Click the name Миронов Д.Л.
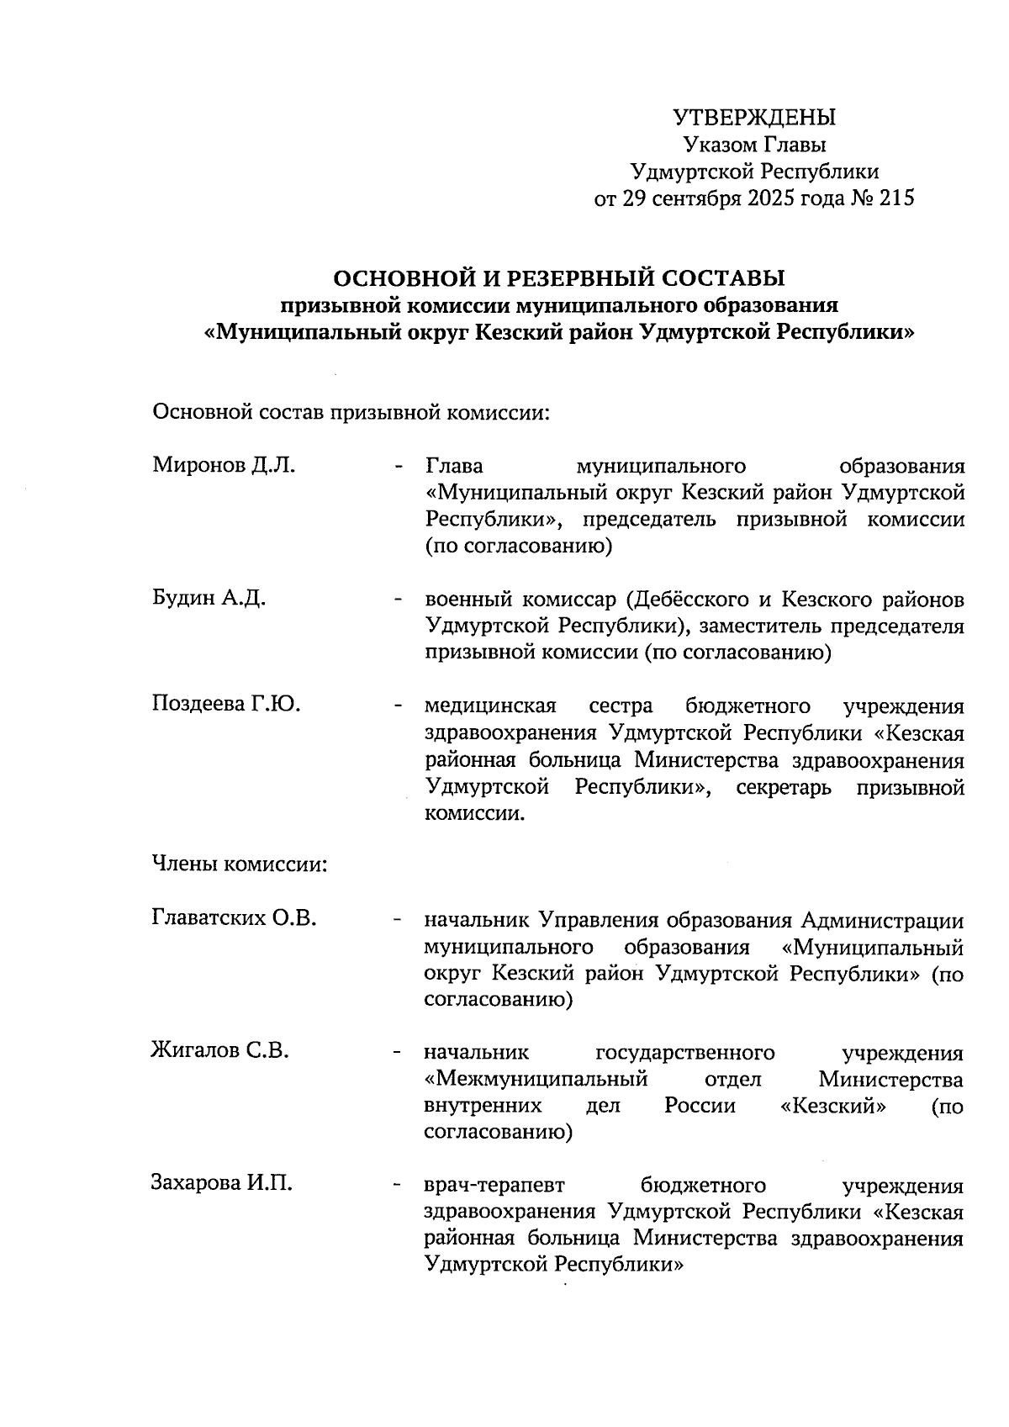tap(224, 465)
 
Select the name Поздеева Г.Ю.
tap(226, 705)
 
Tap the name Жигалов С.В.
tap(219, 1050)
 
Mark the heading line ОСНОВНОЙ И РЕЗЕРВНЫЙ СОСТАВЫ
tap(559, 277)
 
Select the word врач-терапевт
tap(494, 1185)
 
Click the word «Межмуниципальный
tap(536, 1078)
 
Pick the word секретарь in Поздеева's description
tap(784, 787)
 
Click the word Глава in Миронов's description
tap(454, 466)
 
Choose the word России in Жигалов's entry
tap(700, 1105)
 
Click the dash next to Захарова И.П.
tap(395, 1186)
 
